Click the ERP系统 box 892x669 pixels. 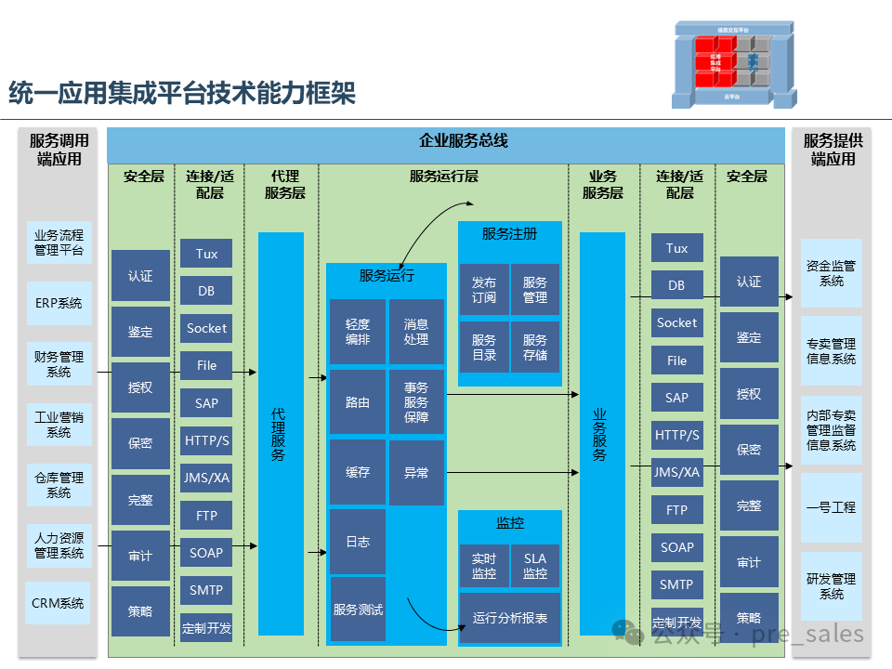[x=59, y=303]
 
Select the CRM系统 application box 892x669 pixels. [x=59, y=603]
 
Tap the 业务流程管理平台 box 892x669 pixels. [x=59, y=243]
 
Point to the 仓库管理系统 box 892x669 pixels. [x=59, y=485]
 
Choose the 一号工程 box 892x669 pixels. [x=831, y=507]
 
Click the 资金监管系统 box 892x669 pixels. [x=831, y=273]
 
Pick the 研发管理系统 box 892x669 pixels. [x=831, y=586]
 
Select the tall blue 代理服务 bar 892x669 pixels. [x=281, y=434]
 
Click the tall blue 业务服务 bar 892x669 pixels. [x=602, y=434]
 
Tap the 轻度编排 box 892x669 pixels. [x=358, y=332]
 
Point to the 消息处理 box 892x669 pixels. [x=416, y=332]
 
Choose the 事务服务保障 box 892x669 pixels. [x=416, y=402]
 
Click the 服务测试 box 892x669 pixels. [x=358, y=610]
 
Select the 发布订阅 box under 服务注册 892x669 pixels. [x=484, y=290]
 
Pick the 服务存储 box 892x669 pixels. [x=535, y=348]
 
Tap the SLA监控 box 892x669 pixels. [x=535, y=567]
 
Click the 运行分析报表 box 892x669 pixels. [x=510, y=619]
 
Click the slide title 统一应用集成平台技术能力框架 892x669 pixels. [x=182, y=94]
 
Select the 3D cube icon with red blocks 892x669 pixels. [x=733, y=62]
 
